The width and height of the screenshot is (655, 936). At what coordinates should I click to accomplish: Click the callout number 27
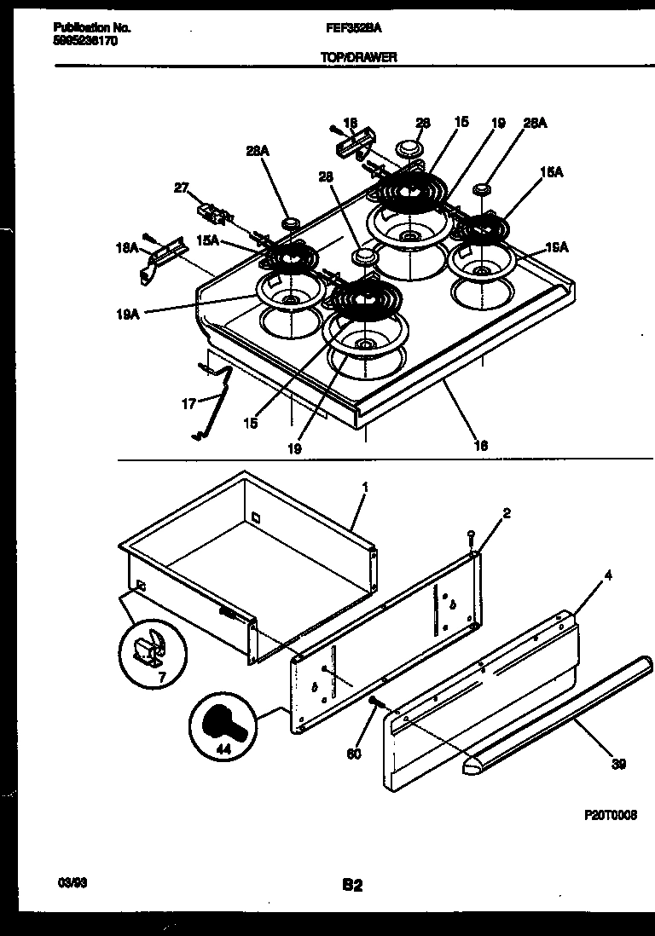tap(180, 188)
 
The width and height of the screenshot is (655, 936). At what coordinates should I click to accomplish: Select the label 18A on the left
tap(125, 247)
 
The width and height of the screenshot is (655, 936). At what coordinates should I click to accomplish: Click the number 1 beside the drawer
tap(365, 488)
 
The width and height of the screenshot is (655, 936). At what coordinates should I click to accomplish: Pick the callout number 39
tap(618, 764)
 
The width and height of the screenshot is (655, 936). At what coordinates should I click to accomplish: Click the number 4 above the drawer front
tap(608, 575)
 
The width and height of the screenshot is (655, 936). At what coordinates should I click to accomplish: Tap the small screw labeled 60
tap(374, 701)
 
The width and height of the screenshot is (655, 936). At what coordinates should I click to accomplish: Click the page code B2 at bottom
tap(352, 886)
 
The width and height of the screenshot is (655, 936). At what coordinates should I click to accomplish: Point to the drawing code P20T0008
tap(611, 816)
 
